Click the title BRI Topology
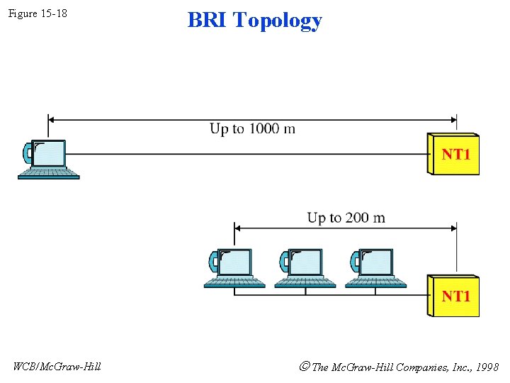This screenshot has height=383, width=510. click(x=254, y=20)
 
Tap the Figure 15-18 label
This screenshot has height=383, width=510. click(x=38, y=13)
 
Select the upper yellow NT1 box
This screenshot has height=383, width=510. click(x=454, y=154)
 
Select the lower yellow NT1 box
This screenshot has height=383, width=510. click(x=454, y=296)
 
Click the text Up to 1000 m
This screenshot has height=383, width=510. click(x=252, y=128)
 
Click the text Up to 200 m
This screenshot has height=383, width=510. click(x=346, y=217)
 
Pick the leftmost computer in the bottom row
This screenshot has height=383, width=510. click(x=234, y=267)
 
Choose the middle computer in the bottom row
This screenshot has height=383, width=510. click(x=305, y=267)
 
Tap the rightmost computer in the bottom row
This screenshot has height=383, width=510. click(x=375, y=267)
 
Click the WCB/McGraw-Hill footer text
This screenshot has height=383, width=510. click(x=57, y=366)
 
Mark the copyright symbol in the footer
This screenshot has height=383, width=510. click(x=305, y=367)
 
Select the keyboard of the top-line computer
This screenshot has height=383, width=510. click(x=48, y=173)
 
